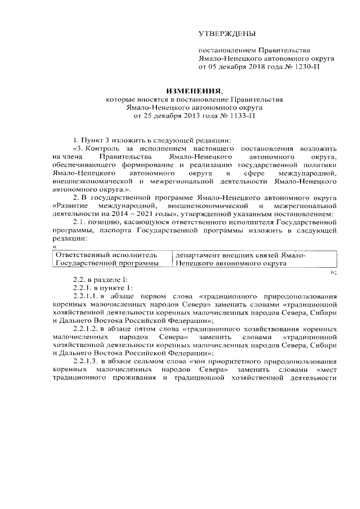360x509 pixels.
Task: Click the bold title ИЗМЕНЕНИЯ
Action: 193,91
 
